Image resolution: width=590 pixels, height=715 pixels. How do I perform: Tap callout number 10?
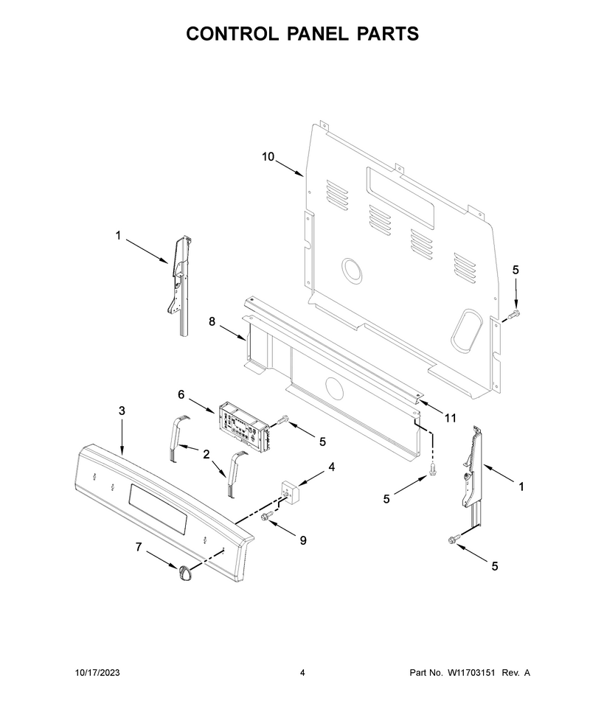pyautogui.click(x=268, y=157)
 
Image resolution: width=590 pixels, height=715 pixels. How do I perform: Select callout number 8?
pyautogui.click(x=212, y=321)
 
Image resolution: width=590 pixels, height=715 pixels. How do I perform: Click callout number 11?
pyautogui.click(x=451, y=418)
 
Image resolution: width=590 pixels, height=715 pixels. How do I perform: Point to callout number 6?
pyautogui.click(x=181, y=394)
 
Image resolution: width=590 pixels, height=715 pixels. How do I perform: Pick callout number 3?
pyautogui.click(x=122, y=411)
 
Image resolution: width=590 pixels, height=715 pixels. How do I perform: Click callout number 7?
pyautogui.click(x=139, y=547)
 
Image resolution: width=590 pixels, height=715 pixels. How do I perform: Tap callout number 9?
pyautogui.click(x=303, y=540)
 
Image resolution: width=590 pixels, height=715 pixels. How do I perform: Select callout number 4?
pyautogui.click(x=332, y=467)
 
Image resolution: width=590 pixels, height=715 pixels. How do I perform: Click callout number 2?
pyautogui.click(x=206, y=454)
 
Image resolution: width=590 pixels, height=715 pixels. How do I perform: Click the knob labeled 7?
pyautogui.click(x=184, y=573)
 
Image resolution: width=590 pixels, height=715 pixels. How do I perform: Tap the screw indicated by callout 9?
pyautogui.click(x=266, y=515)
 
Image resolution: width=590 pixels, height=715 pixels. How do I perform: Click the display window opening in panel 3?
pyautogui.click(x=158, y=508)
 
